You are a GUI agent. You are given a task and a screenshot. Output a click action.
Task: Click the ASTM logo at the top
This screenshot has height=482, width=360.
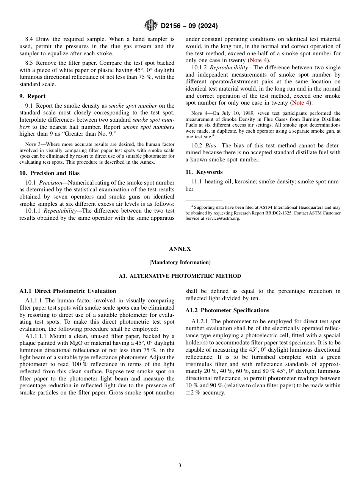tap(151, 26)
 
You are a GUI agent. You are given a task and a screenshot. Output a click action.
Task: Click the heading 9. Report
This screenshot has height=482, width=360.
tap(32, 96)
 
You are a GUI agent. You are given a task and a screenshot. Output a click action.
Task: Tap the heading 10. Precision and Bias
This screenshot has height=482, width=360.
tap(50, 173)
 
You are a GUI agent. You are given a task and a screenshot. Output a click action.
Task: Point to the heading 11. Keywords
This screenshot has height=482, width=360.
tap(204, 172)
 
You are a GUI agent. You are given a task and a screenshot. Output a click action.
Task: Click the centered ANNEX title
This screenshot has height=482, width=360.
tap(180, 249)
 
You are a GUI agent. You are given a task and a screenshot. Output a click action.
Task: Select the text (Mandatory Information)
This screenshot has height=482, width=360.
tap(180, 263)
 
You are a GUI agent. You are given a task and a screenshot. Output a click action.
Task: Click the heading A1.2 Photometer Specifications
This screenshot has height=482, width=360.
tap(227, 310)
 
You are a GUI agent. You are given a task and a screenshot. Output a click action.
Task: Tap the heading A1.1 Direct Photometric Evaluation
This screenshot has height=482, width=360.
tap(68, 291)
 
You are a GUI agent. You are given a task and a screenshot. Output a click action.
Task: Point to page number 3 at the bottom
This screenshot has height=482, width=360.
tap(180, 466)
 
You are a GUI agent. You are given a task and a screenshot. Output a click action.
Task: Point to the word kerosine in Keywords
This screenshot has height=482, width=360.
tap(245, 182)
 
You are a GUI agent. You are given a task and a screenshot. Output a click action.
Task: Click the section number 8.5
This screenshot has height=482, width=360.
tap(30, 63)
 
